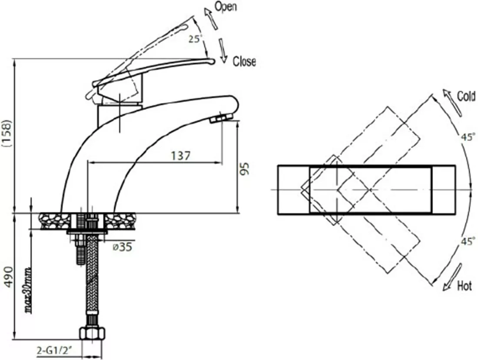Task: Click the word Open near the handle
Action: [226, 7]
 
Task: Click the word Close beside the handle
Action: [244, 61]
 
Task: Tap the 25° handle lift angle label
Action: [195, 39]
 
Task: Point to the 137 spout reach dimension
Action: [180, 156]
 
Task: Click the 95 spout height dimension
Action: [245, 168]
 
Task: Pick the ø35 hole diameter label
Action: [123, 247]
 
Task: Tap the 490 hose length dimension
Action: [9, 277]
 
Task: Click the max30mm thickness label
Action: [28, 291]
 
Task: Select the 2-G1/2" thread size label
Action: [54, 350]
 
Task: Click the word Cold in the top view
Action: [466, 97]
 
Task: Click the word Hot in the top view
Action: [464, 286]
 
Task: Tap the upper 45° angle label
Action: [468, 137]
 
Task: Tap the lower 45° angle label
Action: [468, 241]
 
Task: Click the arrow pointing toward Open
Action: [211, 19]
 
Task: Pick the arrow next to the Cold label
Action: [452, 103]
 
